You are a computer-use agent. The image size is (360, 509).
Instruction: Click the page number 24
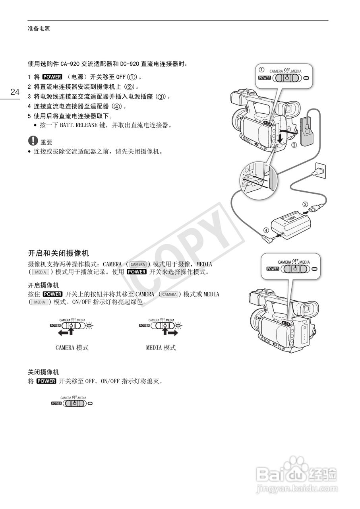(x=15, y=92)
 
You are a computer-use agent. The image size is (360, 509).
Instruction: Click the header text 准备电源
(x=39, y=29)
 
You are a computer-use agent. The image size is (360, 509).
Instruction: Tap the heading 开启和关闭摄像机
(x=58, y=253)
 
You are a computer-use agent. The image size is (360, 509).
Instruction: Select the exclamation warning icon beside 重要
(x=32, y=141)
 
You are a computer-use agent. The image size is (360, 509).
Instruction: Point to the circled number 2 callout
(x=294, y=145)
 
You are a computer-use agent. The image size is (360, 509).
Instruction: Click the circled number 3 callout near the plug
(x=305, y=204)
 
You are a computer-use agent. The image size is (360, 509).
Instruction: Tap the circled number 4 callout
(x=266, y=230)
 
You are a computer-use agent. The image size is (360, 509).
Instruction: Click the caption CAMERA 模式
(x=72, y=348)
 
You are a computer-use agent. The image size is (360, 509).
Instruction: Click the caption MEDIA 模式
(x=161, y=348)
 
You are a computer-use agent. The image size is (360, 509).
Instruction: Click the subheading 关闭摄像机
(x=43, y=372)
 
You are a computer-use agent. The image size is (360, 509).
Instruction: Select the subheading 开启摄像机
(x=43, y=285)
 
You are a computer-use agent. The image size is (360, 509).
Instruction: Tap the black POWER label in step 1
(x=52, y=77)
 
